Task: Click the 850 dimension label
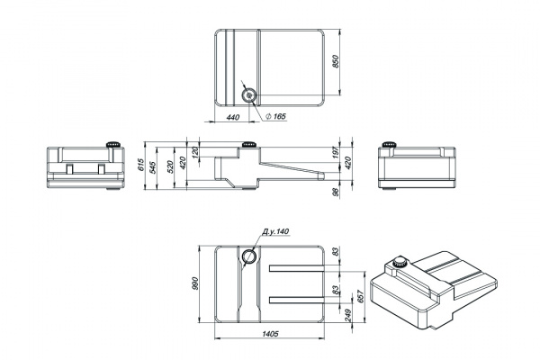tap(336, 61)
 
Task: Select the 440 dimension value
tap(233, 118)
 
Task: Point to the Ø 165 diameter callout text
tap(276, 116)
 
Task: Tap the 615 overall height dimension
tap(139, 166)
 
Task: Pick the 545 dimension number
tap(153, 166)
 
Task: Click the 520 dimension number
tap(170, 166)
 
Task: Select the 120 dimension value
tap(195, 152)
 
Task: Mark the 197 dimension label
tap(337, 153)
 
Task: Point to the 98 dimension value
tap(337, 193)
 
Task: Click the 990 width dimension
tap(195, 283)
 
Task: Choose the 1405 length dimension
tap(270, 334)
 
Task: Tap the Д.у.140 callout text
tap(275, 231)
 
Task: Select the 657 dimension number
tap(361, 296)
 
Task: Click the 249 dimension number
tap(347, 315)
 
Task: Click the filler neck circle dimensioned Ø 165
tap(248, 94)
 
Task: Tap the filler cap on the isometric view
tap(400, 262)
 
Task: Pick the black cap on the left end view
tap(113, 144)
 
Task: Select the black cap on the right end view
tap(389, 144)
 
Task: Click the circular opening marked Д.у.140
tap(248, 256)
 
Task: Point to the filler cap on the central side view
tap(248, 144)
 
